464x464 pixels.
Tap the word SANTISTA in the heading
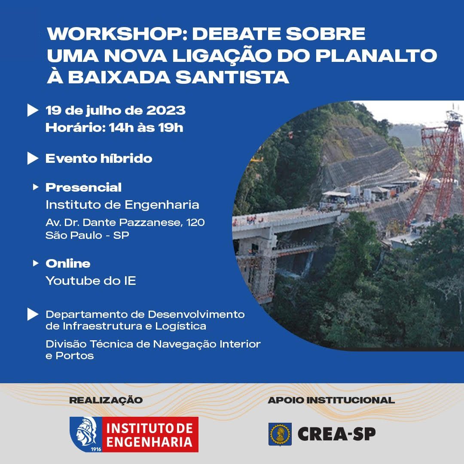coord(232,77)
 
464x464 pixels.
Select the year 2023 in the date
coord(166,110)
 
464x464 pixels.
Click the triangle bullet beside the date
coord(33,110)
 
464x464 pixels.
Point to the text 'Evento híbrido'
coord(99,158)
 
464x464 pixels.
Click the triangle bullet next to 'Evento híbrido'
coord(33,158)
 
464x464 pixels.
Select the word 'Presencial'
coord(83,187)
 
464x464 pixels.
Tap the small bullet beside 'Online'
coord(36,263)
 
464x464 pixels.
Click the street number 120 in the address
coord(195,223)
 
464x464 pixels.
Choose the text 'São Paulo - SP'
coord(87,235)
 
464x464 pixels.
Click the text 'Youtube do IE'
coord(91,281)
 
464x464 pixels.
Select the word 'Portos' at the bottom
coord(75,356)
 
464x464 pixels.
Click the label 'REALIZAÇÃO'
coord(106,400)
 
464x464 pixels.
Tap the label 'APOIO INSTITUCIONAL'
coord(331,400)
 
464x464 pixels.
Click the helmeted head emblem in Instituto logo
coord(86,433)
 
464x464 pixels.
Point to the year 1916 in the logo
coord(95,449)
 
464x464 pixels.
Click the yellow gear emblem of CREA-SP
coord(280,434)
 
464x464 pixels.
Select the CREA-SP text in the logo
coord(337,434)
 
